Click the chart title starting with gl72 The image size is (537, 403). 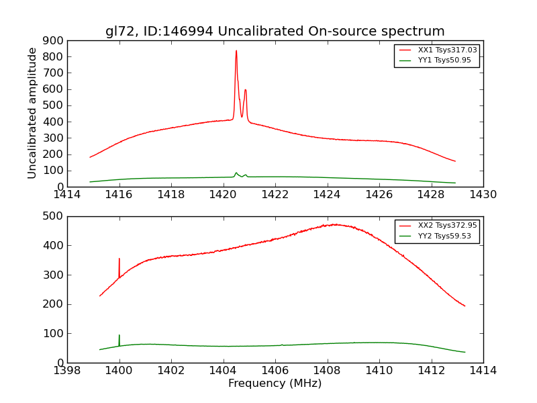[x=275, y=31]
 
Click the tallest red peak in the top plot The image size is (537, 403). [x=236, y=52]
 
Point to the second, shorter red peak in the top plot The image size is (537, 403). [x=246, y=91]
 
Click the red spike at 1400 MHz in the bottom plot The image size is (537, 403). [x=119, y=259]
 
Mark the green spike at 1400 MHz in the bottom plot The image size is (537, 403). [x=119, y=336]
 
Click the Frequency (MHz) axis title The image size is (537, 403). [x=275, y=384]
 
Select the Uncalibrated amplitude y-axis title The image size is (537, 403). [x=32, y=113]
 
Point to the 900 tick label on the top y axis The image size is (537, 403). [x=54, y=40]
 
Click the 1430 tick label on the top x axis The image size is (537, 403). [x=483, y=195]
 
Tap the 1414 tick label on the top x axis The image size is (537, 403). [x=67, y=195]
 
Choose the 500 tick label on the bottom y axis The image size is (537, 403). [x=54, y=216]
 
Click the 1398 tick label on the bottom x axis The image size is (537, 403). [x=67, y=371]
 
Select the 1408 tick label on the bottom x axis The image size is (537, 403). [x=327, y=371]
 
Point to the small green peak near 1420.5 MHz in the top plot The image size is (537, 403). [x=236, y=173]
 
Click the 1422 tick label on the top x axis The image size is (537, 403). [x=275, y=195]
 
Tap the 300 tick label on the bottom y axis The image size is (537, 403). [x=54, y=275]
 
